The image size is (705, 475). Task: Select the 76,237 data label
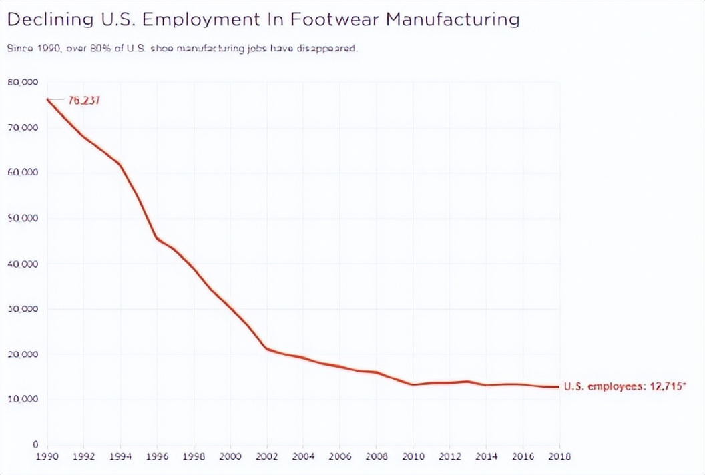pyautogui.click(x=84, y=101)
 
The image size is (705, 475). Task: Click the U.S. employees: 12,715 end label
pyautogui.click(x=625, y=386)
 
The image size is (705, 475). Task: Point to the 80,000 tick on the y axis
pyautogui.click(x=23, y=82)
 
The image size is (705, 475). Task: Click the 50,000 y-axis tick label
pyautogui.click(x=23, y=218)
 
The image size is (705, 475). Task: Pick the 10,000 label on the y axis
pyautogui.click(x=23, y=399)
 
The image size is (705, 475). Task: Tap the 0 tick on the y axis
pyautogui.click(x=35, y=444)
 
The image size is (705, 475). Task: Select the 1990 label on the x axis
pyautogui.click(x=47, y=457)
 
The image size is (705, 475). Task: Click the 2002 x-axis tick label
pyautogui.click(x=266, y=457)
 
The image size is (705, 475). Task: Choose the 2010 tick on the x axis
pyautogui.click(x=413, y=457)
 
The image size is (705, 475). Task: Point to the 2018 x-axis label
pyautogui.click(x=559, y=457)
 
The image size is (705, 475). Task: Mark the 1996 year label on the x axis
pyautogui.click(x=157, y=457)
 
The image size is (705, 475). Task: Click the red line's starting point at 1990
pyautogui.click(x=47, y=99)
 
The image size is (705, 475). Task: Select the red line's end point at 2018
pyautogui.click(x=559, y=387)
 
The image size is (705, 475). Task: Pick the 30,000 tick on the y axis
pyautogui.click(x=23, y=308)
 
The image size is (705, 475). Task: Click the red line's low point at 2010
pyautogui.click(x=413, y=384)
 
